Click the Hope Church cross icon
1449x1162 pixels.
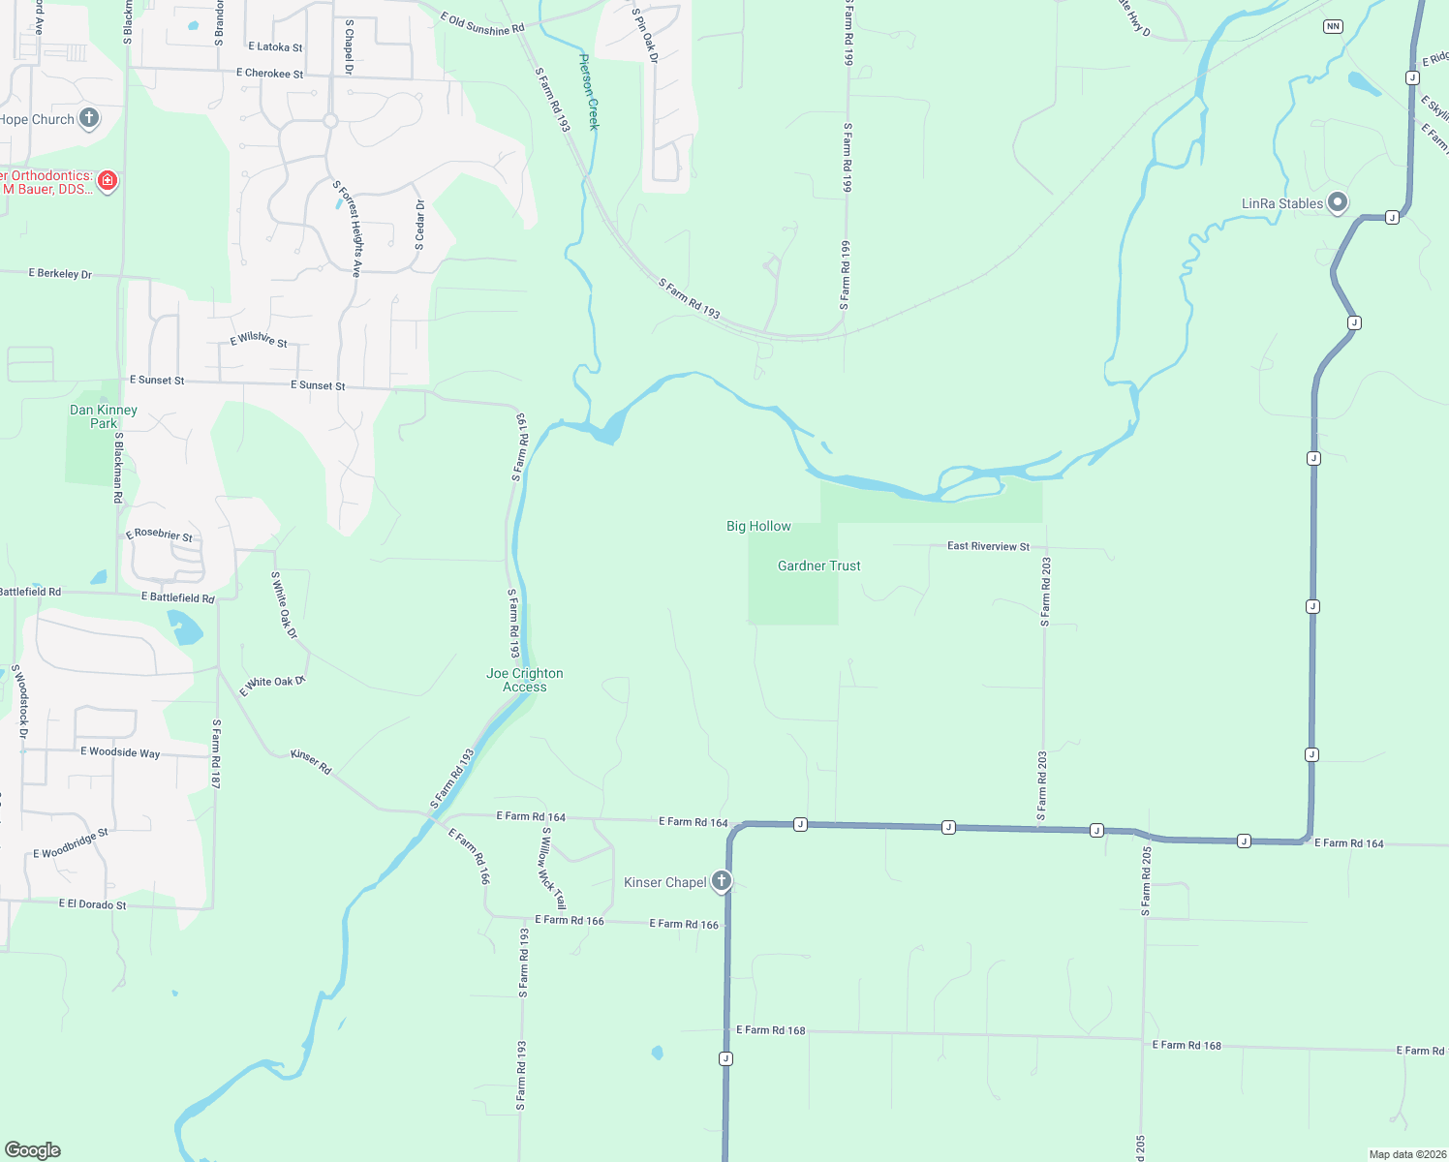89,119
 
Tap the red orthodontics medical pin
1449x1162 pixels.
108,181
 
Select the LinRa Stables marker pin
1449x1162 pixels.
1338,202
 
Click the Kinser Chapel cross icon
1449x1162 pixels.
721,881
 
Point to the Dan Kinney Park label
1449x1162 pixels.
104,416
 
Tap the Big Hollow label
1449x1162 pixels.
758,526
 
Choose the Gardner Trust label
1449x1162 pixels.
818,566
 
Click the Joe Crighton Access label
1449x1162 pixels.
524,680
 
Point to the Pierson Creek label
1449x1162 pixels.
589,92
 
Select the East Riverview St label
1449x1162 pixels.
988,546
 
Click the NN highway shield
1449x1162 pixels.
1334,26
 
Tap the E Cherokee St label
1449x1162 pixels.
269,74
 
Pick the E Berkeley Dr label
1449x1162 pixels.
60,274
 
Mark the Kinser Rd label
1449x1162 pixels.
311,761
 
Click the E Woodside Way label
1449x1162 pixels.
120,752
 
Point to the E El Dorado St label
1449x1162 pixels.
92,904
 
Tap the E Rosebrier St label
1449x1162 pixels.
159,535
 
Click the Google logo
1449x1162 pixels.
33,1149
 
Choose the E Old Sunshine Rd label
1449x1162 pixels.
481,24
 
